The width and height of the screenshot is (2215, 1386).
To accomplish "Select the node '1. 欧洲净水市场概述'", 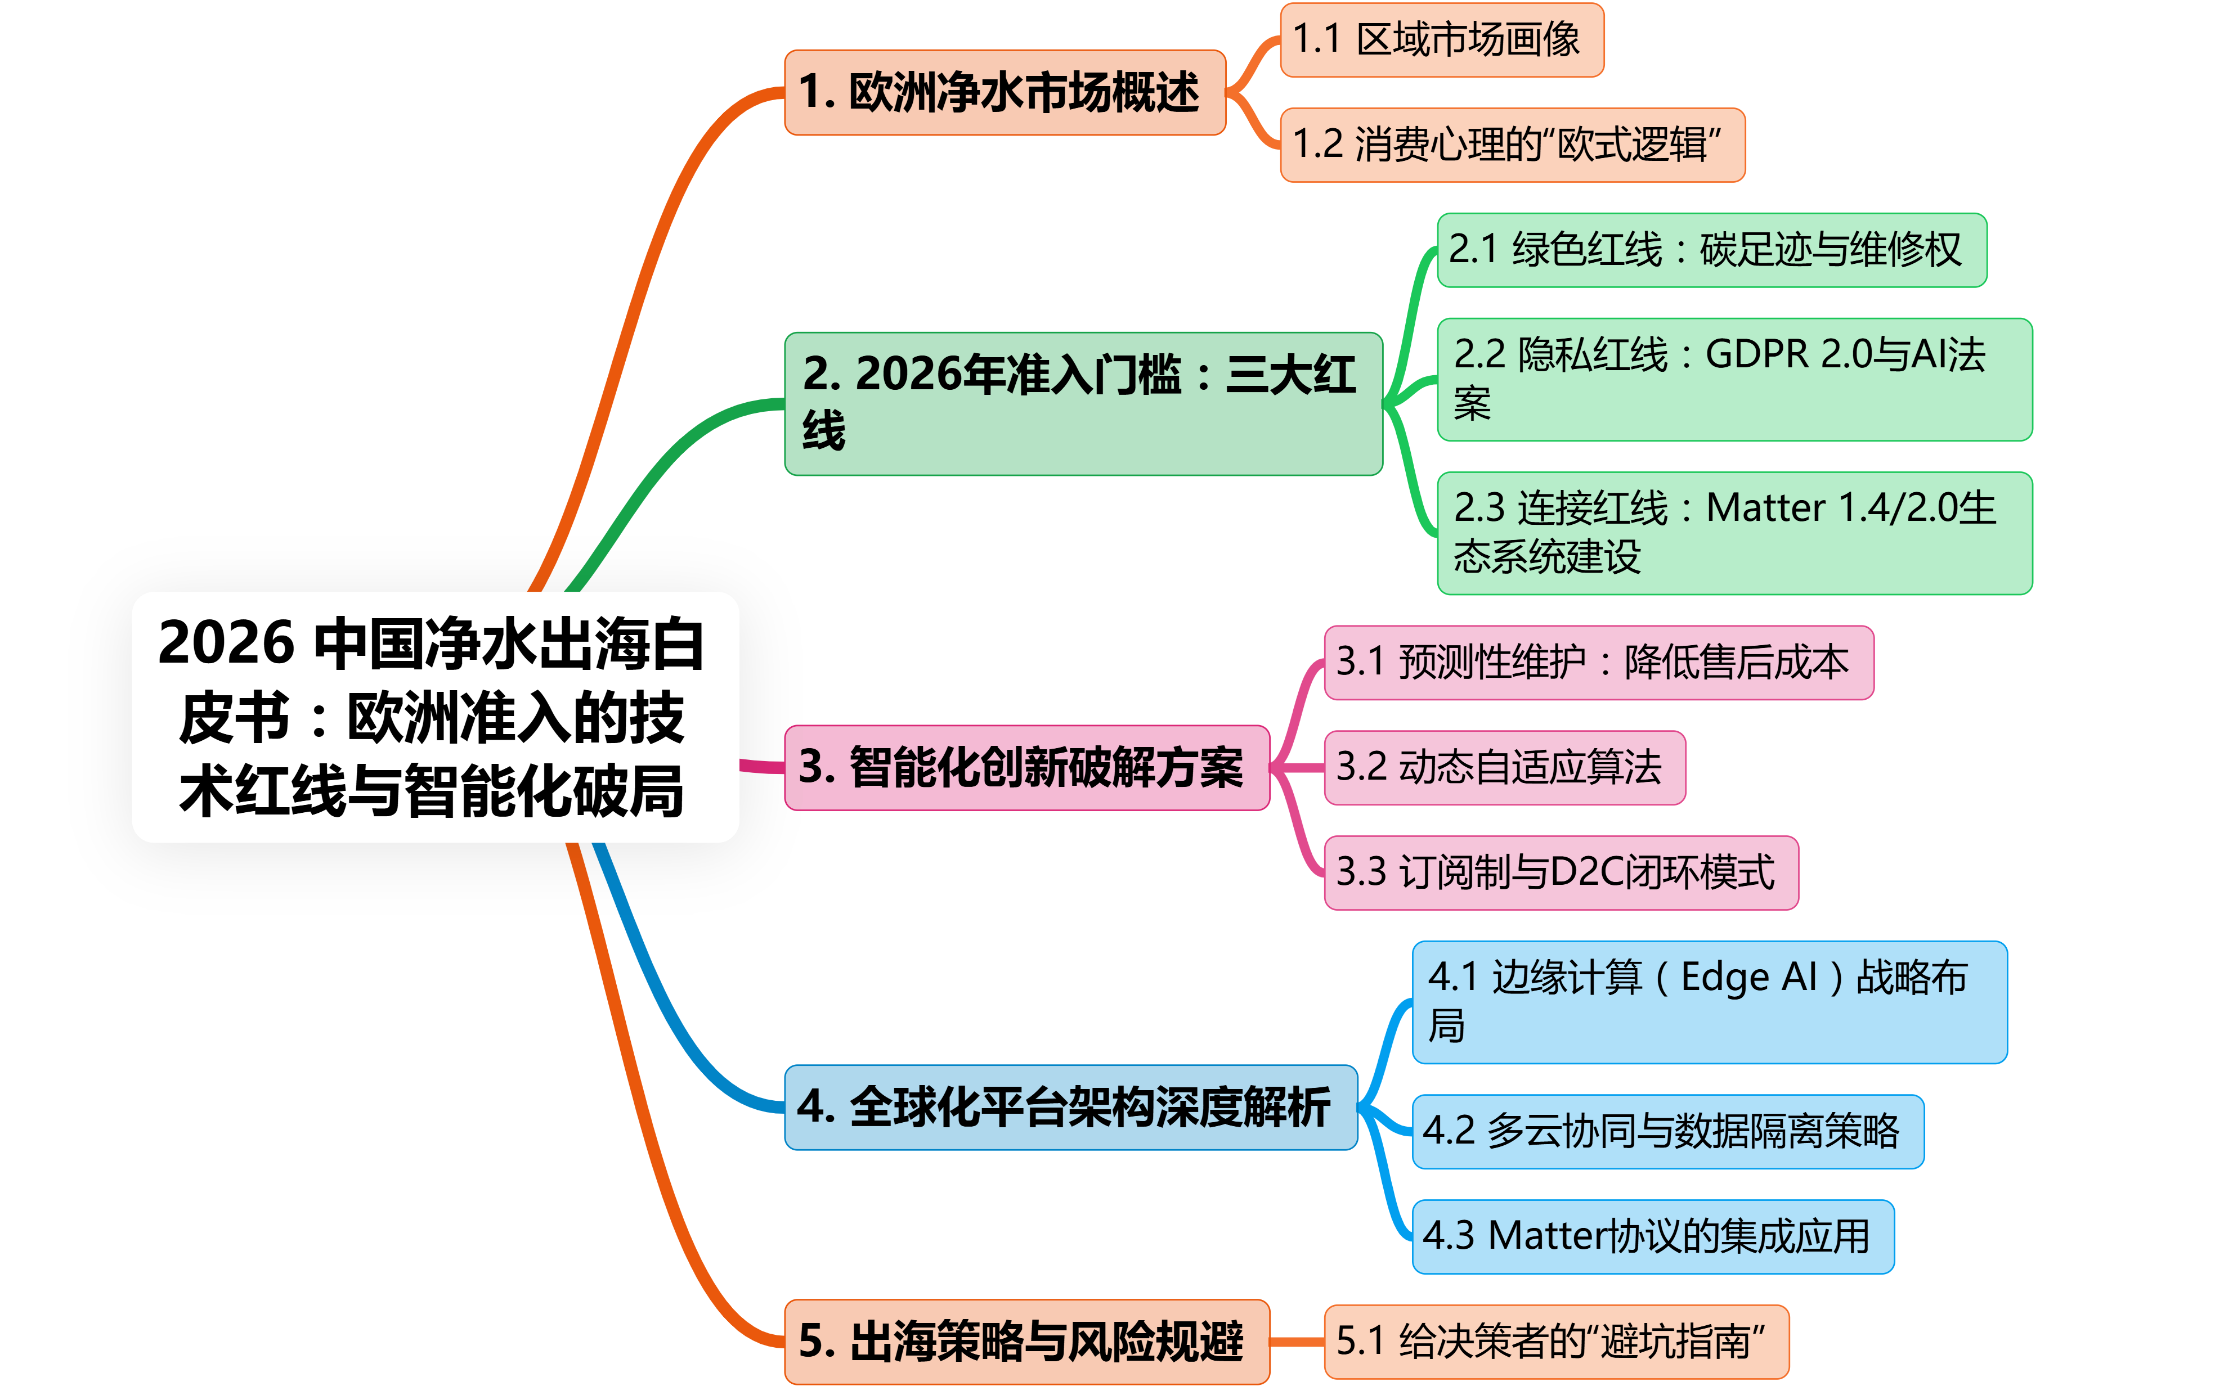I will click(x=1005, y=93).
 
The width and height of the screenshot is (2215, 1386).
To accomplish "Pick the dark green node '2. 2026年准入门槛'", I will click(x=1083, y=403).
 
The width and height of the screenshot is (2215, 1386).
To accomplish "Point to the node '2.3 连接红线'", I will click(x=1734, y=533).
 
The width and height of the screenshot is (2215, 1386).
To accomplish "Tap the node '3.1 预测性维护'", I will click(x=1598, y=663).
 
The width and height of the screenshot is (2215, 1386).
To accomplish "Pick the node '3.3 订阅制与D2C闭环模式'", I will click(x=1561, y=872).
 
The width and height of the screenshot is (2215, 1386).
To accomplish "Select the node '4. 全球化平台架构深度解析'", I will click(x=1070, y=1108).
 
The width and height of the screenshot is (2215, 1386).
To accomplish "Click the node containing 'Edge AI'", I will click(x=1709, y=1002).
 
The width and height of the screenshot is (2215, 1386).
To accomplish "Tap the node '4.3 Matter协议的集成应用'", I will click(x=1652, y=1236).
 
